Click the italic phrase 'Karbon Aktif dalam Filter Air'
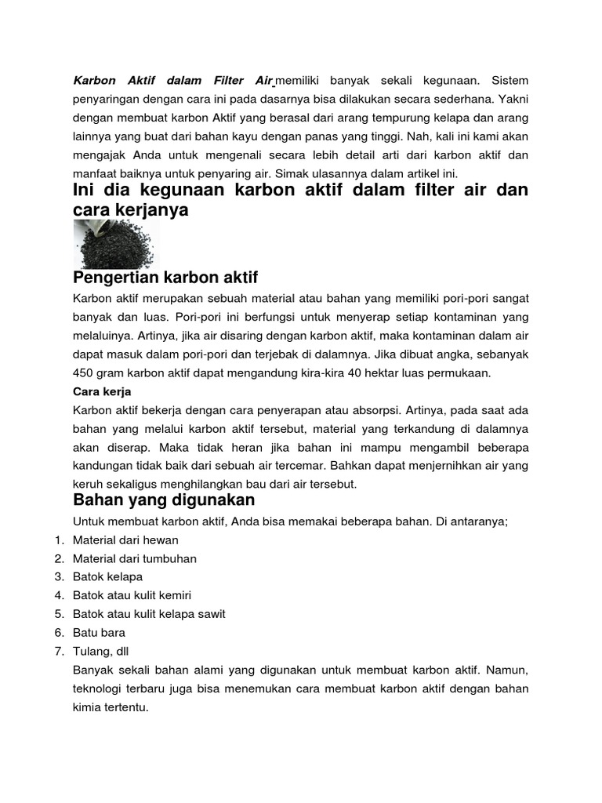172,80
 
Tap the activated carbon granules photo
116,243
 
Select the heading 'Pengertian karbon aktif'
165,278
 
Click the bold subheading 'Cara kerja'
102,391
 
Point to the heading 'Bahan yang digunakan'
164,500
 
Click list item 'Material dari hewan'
125,540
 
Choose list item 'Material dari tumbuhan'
134,558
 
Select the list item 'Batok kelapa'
107,576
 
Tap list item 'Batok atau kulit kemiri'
132,595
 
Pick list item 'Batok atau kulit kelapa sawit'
149,613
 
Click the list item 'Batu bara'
99,632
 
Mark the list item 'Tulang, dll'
99,650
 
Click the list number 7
59,650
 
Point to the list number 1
59,540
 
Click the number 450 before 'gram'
84,372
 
